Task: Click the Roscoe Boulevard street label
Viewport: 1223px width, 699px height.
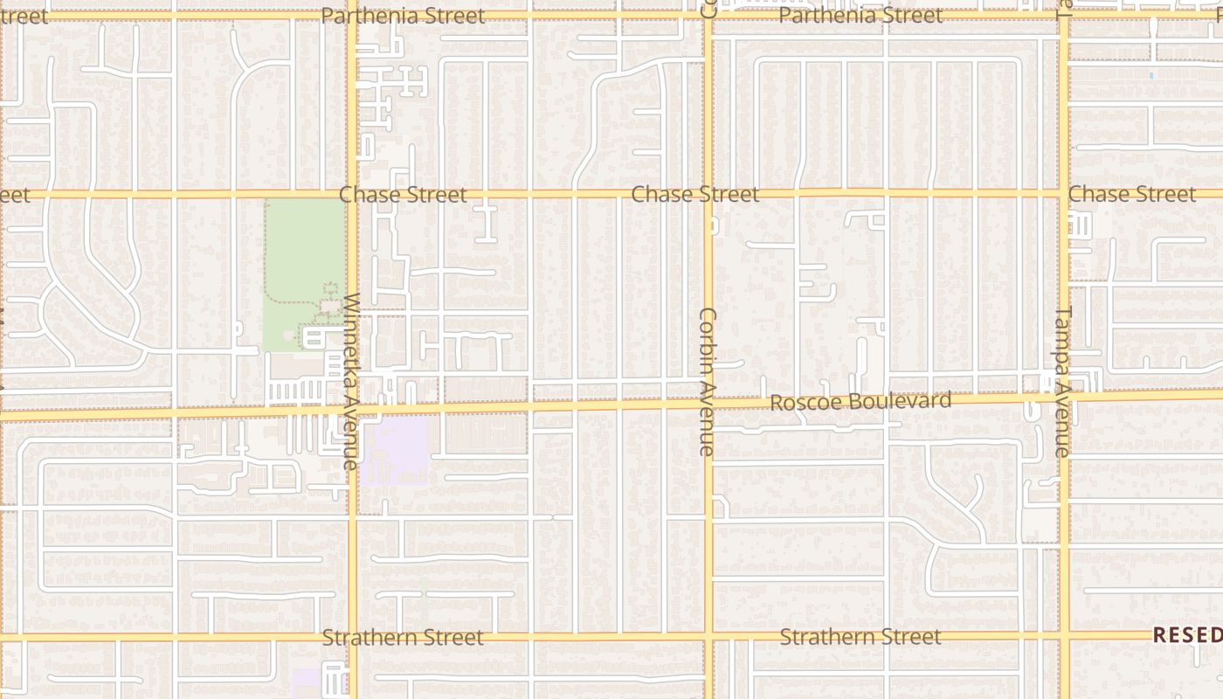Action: coord(860,402)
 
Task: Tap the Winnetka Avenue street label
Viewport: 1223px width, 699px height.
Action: coord(351,382)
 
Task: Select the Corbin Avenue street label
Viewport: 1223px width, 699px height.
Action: coord(708,382)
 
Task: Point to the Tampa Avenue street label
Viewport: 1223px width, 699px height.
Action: coord(1063,382)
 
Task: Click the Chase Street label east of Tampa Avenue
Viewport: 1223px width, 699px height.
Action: coord(1131,194)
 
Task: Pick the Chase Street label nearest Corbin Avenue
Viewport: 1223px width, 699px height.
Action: coord(694,194)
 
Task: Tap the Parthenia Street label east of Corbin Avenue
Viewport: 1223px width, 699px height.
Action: coord(860,16)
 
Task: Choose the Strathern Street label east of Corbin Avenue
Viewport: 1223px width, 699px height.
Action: coord(860,637)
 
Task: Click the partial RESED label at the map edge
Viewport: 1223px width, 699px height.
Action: coord(1187,635)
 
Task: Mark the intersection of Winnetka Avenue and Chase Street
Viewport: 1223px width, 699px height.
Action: coord(352,194)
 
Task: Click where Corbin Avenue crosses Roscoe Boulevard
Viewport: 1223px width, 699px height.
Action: coord(708,404)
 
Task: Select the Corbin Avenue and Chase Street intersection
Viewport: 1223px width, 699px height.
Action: coord(708,194)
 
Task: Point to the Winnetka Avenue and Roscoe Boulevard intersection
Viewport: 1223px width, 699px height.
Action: coord(352,409)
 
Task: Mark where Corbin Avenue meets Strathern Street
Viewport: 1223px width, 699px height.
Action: coord(708,636)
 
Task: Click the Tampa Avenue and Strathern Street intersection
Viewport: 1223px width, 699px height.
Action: coord(1065,634)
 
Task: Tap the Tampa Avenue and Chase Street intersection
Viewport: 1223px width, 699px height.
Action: coord(1064,193)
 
